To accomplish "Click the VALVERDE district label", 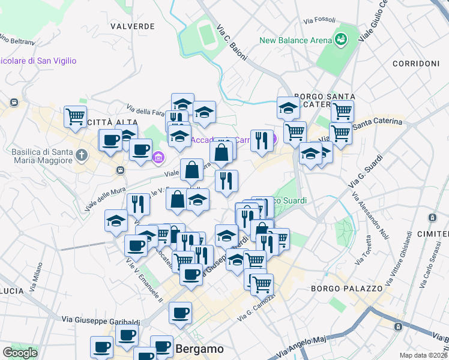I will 133,26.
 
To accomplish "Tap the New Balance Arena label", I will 295,40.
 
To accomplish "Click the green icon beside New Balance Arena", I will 341,40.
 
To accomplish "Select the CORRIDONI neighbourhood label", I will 415,64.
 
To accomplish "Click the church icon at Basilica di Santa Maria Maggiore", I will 82,156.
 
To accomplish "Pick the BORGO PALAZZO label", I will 347,289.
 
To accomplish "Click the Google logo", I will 20,353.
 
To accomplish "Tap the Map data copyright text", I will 423,355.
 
